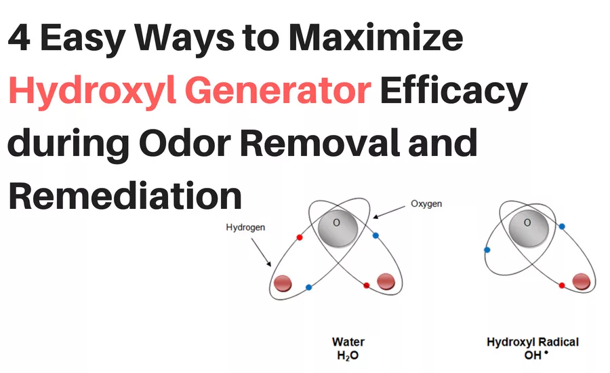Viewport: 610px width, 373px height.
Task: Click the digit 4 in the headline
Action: click(x=20, y=37)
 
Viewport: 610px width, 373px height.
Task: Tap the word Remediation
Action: click(x=125, y=196)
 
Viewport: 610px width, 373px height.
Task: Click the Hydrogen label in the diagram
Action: click(x=245, y=228)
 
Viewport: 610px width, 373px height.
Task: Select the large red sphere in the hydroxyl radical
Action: click(x=580, y=281)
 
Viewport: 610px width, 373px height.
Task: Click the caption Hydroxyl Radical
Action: click(x=533, y=342)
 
